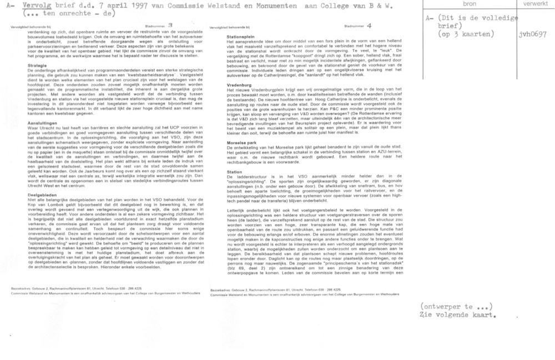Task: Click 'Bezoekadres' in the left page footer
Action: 22,289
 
